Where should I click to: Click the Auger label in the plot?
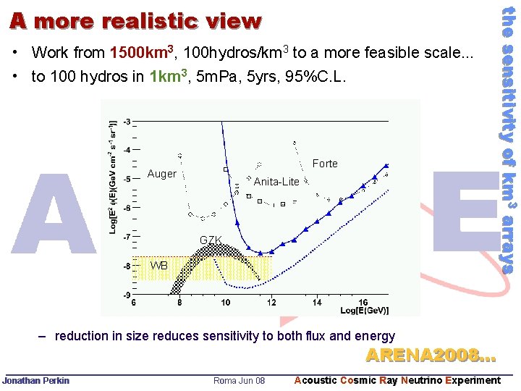pos(161,174)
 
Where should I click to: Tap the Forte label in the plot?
pos(325,164)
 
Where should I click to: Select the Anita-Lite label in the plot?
pos(276,182)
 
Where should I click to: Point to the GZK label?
pos(211,240)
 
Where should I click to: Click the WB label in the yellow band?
pos(158,266)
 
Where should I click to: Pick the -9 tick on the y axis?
pos(127,295)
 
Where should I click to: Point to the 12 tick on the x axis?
pos(271,303)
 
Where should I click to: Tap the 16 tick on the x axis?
pos(363,303)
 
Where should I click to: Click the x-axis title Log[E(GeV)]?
pos(364,311)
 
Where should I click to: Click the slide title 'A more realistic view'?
pos(135,22)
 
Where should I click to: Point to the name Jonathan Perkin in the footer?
pos(36,381)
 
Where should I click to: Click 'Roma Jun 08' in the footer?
pos(240,381)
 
